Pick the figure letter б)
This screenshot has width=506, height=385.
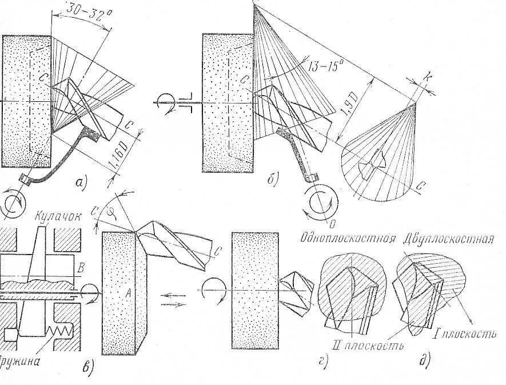[x=272, y=181]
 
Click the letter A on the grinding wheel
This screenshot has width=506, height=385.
[x=128, y=292]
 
